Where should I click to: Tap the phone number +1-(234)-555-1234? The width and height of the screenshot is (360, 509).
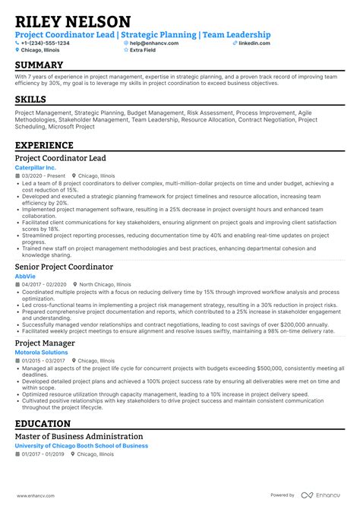tap(45, 43)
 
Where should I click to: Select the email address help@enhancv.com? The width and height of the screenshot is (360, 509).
tap(152, 43)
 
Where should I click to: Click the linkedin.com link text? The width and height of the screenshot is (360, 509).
tap(254, 43)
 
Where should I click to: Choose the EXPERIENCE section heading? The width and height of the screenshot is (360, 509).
tap(44, 145)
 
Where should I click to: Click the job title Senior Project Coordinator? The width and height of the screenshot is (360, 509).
tap(64, 267)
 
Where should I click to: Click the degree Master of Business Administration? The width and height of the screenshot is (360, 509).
tap(79, 437)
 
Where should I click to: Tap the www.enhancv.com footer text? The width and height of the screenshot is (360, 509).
tap(34, 495)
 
